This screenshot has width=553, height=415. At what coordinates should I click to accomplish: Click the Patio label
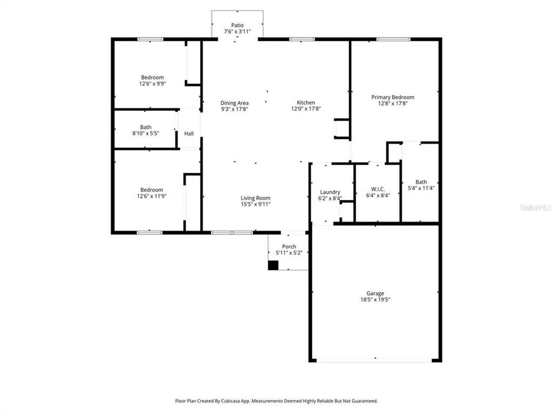tap(237, 25)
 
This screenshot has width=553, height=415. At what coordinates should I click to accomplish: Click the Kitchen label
tap(306, 103)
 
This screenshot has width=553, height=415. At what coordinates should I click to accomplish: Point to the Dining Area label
tap(234, 103)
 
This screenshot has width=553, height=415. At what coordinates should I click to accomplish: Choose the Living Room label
tap(255, 198)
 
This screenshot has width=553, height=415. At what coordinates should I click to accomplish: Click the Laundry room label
tap(330, 192)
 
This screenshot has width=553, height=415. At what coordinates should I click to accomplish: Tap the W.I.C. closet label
tap(378, 190)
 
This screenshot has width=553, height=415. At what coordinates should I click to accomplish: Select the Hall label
tap(189, 134)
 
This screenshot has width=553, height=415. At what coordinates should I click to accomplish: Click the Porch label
tap(289, 246)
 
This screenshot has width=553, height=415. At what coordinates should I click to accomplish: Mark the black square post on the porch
tap(273, 265)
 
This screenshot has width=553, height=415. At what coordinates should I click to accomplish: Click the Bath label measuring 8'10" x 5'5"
tap(146, 127)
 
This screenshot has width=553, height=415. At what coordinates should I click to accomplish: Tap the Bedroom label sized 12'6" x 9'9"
tap(153, 77)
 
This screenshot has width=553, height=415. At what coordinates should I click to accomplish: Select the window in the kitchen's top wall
tap(302, 39)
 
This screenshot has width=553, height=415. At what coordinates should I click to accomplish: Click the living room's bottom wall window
tap(232, 232)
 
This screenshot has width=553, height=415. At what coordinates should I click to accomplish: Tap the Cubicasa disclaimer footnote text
tap(276, 401)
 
